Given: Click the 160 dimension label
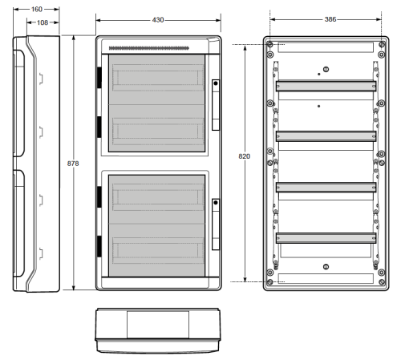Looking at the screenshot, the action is [x=37, y=10].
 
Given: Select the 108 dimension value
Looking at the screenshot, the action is [x=43, y=22].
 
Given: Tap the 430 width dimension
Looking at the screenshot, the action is [x=158, y=20].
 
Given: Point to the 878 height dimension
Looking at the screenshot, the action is [x=73, y=164].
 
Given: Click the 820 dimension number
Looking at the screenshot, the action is [x=245, y=156].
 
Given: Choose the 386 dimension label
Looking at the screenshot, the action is [x=330, y=19].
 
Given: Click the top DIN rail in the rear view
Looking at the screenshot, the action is [x=326, y=86].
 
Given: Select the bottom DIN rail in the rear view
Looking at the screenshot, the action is [x=326, y=238].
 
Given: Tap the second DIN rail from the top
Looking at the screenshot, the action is [x=326, y=136].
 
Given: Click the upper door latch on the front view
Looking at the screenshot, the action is [x=216, y=105].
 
